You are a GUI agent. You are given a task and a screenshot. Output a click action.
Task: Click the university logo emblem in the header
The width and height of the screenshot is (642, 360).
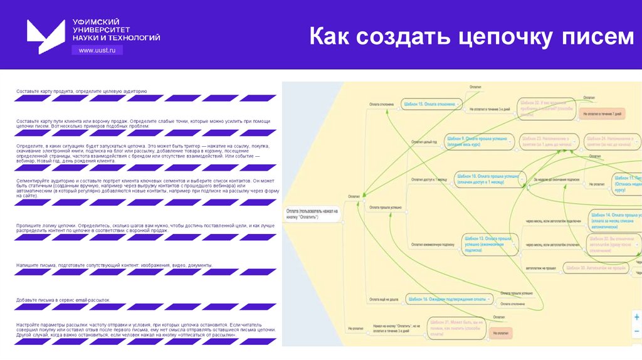pos(45,36)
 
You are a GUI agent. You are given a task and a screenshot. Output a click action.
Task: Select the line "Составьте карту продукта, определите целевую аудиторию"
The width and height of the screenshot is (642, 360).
pos(82,91)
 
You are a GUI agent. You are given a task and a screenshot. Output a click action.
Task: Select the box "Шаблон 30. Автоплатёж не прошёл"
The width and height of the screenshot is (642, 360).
pos(596,268)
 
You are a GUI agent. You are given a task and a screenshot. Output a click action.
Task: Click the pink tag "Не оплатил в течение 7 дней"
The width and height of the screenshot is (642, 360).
pos(602,114)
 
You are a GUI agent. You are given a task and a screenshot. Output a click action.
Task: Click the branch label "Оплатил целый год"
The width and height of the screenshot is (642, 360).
pos(424,142)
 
